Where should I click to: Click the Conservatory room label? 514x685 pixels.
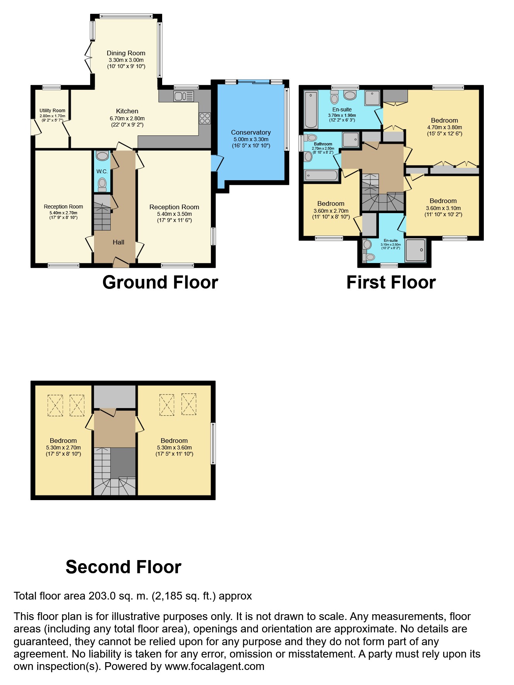[x=251, y=132]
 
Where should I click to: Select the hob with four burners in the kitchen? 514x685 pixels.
[x=205, y=118]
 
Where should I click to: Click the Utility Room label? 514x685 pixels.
[x=52, y=111]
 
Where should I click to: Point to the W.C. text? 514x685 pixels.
[x=102, y=171]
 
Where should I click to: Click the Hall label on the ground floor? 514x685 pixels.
[x=118, y=242]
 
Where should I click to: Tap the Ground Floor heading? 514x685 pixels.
[x=160, y=282]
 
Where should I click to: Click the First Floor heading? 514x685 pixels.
[x=391, y=282]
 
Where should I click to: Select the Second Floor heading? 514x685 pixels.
[x=123, y=567]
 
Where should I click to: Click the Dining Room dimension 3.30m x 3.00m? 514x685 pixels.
[x=126, y=60]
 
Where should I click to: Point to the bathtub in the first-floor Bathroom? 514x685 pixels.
[x=321, y=176]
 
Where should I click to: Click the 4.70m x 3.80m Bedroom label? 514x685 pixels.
[x=444, y=120]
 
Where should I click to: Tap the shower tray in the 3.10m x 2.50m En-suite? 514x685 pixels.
[x=415, y=251]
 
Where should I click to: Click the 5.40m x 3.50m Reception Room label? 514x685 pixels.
[x=174, y=207]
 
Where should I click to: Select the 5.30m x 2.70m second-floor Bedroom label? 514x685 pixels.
[x=63, y=441]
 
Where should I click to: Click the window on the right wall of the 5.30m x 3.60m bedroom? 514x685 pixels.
[x=213, y=443]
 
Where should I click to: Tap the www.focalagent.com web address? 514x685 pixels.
[x=214, y=666]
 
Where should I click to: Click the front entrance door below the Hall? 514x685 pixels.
[x=121, y=263]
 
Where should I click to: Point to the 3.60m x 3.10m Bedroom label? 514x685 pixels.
[x=443, y=201]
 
